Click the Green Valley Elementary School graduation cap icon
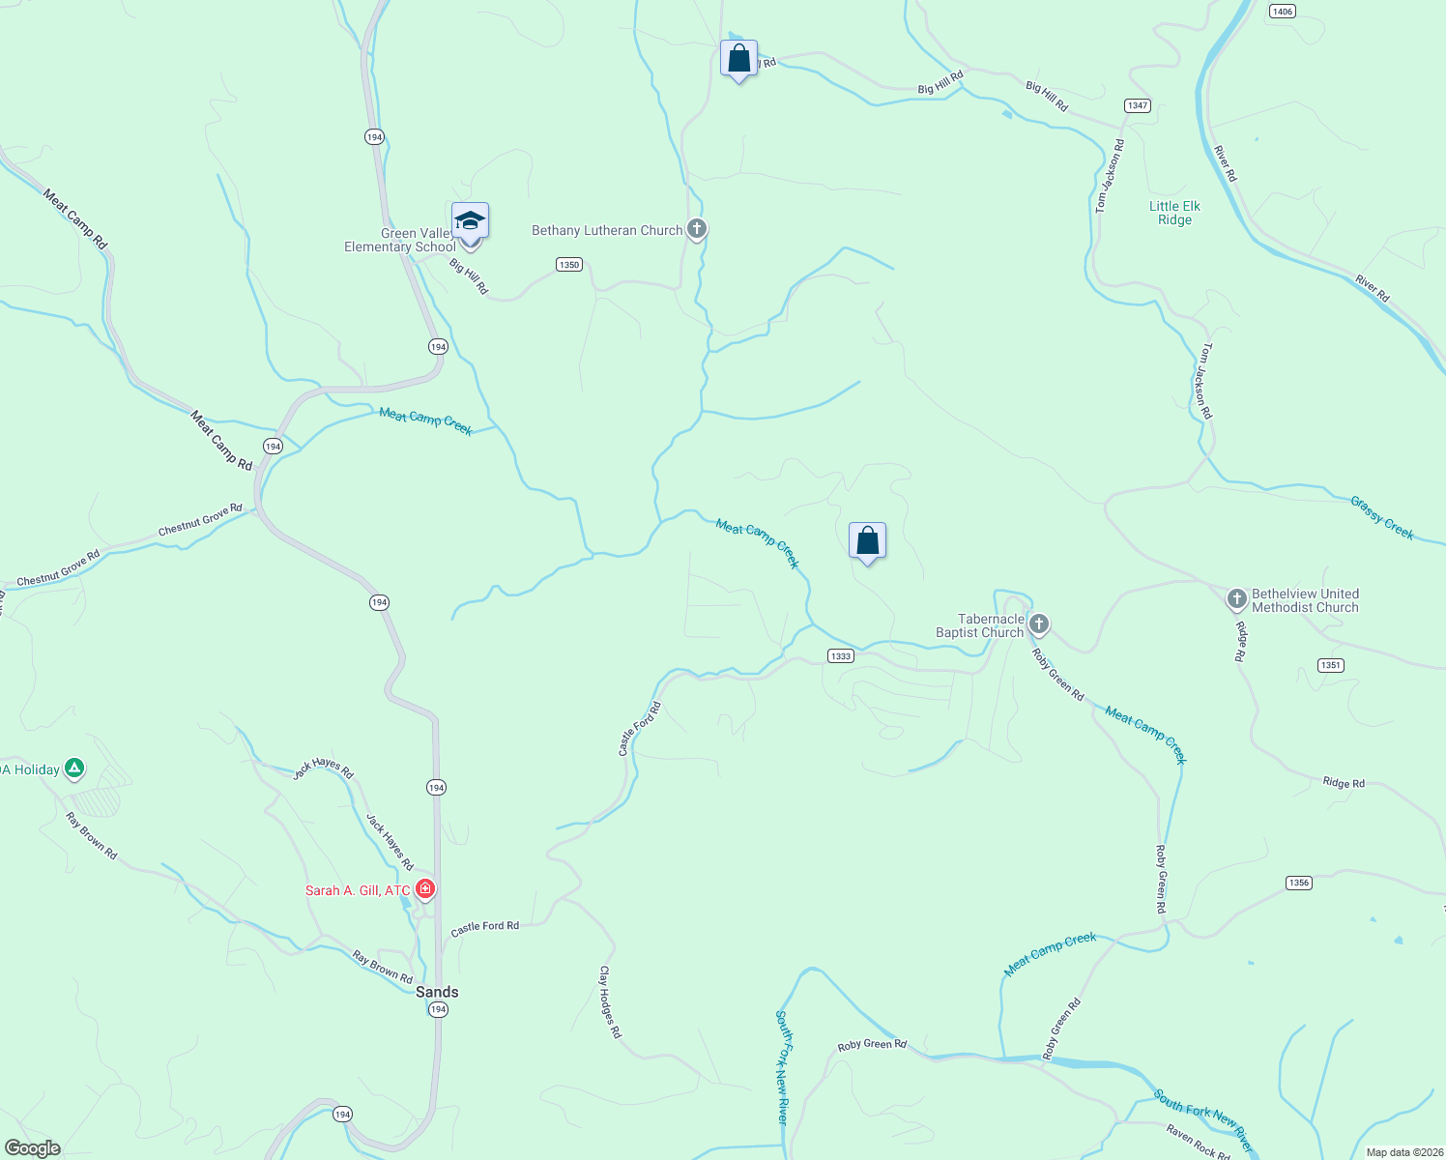click(x=470, y=221)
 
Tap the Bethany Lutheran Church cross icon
click(x=697, y=230)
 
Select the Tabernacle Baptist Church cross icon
click(x=1038, y=623)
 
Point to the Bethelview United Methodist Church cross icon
click(x=1236, y=599)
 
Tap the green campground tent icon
click(x=74, y=769)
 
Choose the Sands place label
click(x=437, y=992)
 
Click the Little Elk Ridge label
click(x=1174, y=213)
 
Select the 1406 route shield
click(x=1282, y=12)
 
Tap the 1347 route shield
click(x=1137, y=105)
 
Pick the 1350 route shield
click(x=569, y=265)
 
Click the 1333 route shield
click(x=841, y=656)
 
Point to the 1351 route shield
click(x=1331, y=665)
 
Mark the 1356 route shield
click(x=1299, y=883)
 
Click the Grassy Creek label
click(x=1381, y=518)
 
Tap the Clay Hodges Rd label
click(x=610, y=1001)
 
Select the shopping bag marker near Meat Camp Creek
click(x=867, y=541)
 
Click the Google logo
click(x=32, y=1148)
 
